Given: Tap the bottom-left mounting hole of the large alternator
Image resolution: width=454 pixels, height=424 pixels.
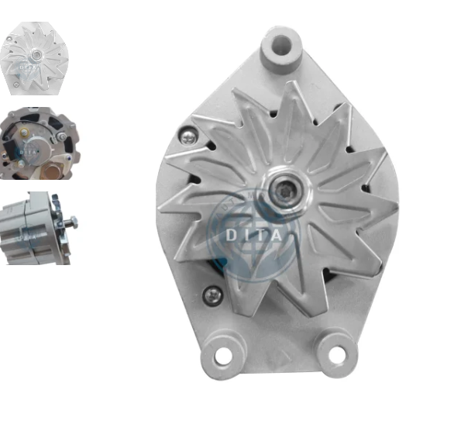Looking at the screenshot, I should point(223,356).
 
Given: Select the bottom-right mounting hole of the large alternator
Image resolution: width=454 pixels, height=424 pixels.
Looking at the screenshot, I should point(335,356).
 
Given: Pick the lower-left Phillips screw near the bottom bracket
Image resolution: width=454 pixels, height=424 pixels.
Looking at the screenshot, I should point(212,295).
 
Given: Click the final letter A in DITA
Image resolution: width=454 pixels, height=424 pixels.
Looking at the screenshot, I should point(280,232).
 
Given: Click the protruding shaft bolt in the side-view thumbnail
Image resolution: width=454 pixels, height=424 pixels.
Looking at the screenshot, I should point(71,222).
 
